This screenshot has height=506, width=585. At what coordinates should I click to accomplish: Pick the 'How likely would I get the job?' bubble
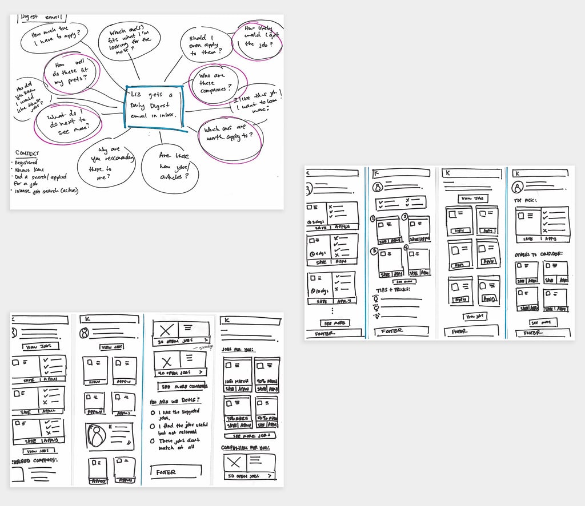coord(258,38)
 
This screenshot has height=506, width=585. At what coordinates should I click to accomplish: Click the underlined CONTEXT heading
coord(27,153)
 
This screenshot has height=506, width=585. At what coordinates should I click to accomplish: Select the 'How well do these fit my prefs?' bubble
coord(72,74)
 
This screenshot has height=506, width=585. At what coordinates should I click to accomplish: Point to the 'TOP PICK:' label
coord(526,201)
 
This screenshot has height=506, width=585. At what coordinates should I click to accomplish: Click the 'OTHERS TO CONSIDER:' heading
coord(538,254)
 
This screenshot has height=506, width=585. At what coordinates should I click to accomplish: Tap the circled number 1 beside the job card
coord(373,218)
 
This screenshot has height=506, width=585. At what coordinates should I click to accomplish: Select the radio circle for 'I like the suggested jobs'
coord(153,412)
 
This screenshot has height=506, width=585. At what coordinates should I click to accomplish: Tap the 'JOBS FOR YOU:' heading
coord(239,349)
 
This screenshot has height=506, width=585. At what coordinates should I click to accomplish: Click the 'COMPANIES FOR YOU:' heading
coord(245,448)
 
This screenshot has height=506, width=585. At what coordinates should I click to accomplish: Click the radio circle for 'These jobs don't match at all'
coord(153,441)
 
